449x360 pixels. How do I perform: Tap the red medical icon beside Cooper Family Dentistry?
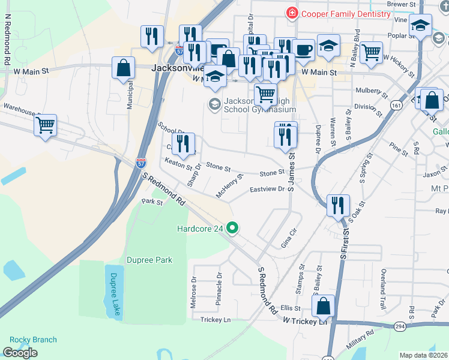click(292, 13)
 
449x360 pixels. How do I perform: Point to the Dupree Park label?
click(149, 260)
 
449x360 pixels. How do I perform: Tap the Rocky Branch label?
click(29, 340)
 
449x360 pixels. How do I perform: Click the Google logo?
click(20, 353)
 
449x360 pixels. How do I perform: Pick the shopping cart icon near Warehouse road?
click(45, 125)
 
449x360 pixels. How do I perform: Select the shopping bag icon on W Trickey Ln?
click(324, 305)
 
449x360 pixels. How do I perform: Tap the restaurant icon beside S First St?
click(338, 205)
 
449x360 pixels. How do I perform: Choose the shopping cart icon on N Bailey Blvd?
click(372, 52)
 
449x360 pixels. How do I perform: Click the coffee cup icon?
click(304, 50)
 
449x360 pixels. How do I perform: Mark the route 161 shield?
click(395, 105)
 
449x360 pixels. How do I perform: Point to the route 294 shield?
click(400, 326)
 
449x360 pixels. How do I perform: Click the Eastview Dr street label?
click(267, 189)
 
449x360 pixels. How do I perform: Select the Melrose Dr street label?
click(193, 292)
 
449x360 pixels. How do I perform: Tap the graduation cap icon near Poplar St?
click(420, 26)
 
